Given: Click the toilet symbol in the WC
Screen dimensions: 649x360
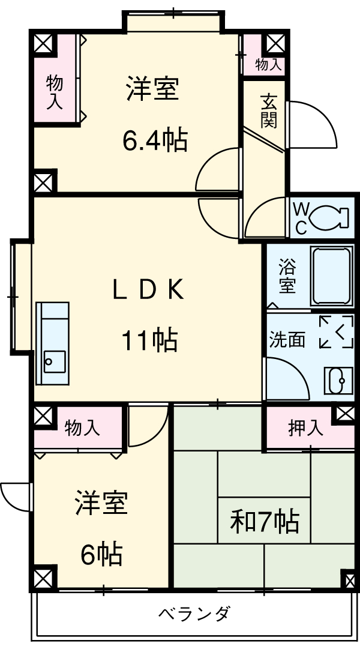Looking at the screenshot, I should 329,217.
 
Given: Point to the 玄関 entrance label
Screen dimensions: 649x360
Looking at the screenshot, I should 268,110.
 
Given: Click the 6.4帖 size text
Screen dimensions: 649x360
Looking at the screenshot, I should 154,142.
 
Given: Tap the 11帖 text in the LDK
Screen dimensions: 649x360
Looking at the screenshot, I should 150,341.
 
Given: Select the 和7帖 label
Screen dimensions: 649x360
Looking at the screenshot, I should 264,522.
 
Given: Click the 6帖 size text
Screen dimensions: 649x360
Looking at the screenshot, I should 102,554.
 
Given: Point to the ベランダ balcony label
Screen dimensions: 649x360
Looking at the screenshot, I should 194,614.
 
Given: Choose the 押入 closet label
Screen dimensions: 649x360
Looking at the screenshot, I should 306,427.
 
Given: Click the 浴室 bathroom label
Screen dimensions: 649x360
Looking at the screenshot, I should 287,277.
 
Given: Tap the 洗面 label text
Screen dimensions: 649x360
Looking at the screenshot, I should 287,340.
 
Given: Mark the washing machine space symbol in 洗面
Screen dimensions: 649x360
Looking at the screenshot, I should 336,331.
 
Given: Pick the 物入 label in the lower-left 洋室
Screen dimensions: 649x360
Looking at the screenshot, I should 82,428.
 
